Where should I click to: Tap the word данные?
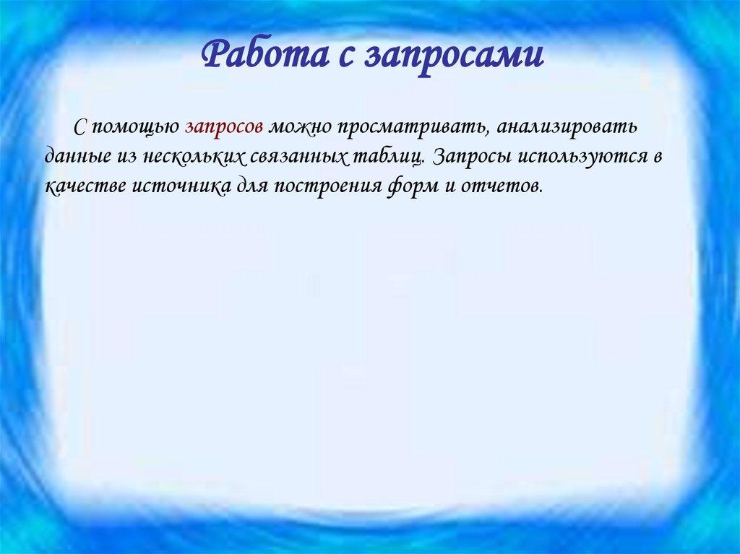75,156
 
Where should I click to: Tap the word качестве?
85,186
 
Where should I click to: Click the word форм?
407,186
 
